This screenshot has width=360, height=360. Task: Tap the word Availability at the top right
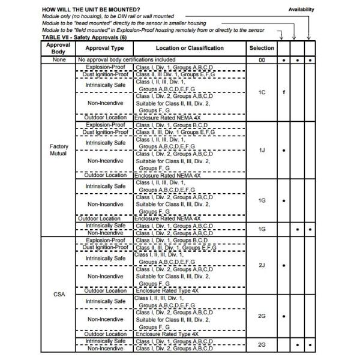click(301, 10)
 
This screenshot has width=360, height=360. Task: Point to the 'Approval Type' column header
click(104, 48)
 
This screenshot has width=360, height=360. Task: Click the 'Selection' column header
click(262, 48)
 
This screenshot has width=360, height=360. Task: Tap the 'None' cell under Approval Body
click(58, 60)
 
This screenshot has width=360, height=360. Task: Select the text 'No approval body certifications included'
click(127, 60)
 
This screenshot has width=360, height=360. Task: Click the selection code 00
click(262, 60)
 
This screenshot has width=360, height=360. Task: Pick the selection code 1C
click(262, 93)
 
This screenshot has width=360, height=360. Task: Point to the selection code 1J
click(262, 150)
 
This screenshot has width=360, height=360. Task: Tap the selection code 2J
click(262, 265)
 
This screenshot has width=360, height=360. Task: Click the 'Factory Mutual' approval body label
click(58, 149)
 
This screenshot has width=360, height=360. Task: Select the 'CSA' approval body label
click(58, 294)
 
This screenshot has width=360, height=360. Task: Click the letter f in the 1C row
click(283, 93)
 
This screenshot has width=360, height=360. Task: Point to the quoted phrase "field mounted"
click(95, 30)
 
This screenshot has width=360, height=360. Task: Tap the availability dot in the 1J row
click(283, 150)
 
